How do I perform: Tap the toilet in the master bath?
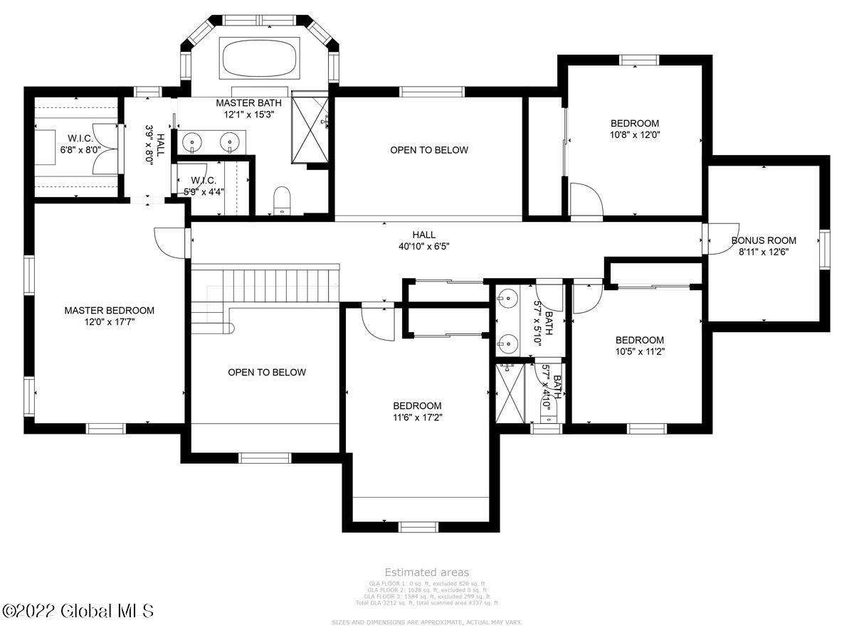click(283, 200)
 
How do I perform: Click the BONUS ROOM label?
click(764, 240)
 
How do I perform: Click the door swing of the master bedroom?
click(168, 241)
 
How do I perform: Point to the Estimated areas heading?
click(426, 572)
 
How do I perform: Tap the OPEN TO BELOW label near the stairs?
click(267, 372)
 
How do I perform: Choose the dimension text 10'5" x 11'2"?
click(640, 351)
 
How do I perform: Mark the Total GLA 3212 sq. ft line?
click(426, 603)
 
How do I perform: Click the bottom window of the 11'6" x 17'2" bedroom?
click(417, 527)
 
